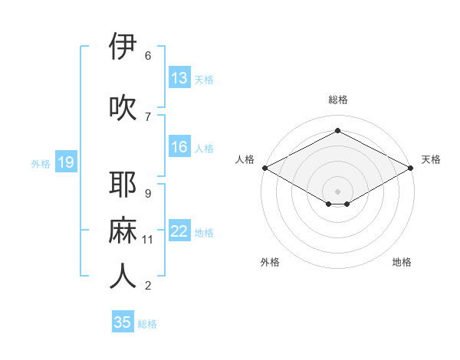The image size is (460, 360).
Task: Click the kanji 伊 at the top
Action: tap(123, 47)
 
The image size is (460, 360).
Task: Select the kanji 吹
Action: tap(123, 108)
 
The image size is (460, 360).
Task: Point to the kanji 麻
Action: tap(123, 231)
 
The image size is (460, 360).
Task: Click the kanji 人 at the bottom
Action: tap(123, 277)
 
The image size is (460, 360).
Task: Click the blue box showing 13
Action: tap(179, 78)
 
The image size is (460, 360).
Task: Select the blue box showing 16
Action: tap(179, 147)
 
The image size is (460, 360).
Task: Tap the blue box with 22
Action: tap(179, 231)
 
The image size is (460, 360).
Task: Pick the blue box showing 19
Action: tap(65, 162)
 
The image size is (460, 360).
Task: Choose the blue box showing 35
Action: tap(123, 322)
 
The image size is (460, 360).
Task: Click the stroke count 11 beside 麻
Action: tap(148, 240)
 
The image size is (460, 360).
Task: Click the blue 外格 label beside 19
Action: tap(41, 163)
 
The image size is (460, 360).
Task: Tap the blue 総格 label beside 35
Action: tap(147, 324)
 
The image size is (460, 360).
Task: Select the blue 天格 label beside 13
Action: tap(204, 79)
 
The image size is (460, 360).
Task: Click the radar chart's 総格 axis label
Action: tap(337, 100)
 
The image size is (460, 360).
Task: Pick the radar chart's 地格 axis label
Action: tap(402, 262)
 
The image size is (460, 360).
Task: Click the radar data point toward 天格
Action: tap(412, 168)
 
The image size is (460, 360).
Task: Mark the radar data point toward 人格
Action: tap(264, 168)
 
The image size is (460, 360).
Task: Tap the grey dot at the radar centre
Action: tap(337, 190)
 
